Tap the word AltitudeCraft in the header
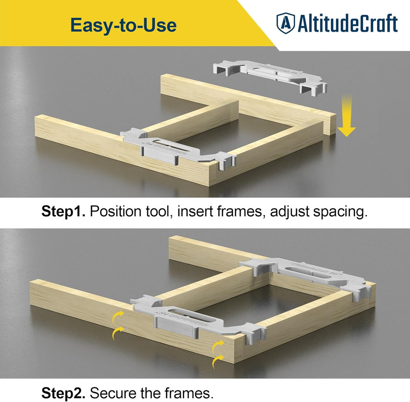[x=347, y=23]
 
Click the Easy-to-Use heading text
[x=123, y=25]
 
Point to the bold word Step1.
[x=63, y=212]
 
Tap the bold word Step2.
[x=63, y=393]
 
